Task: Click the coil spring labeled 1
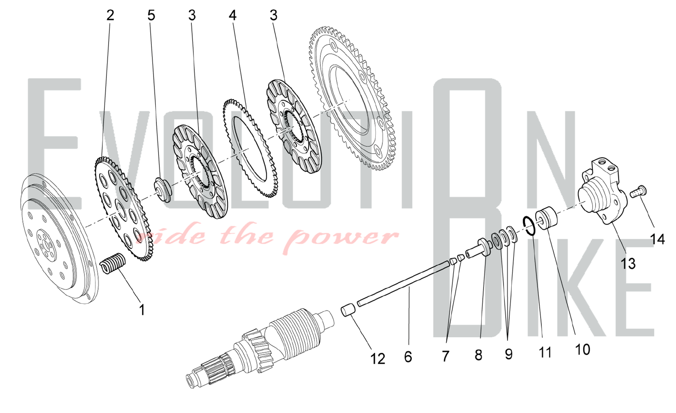114,263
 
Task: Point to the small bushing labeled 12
348,310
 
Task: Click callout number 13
628,263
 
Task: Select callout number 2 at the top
110,15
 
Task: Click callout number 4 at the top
233,15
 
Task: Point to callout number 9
508,354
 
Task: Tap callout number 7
445,356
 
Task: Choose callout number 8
478,355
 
